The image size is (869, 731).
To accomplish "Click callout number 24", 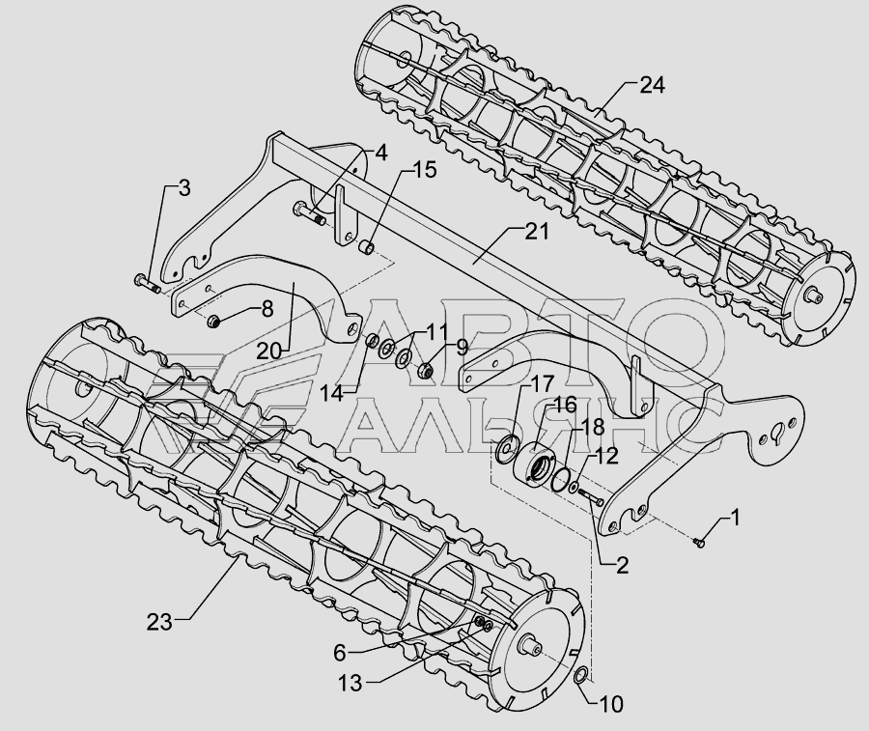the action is (653, 85).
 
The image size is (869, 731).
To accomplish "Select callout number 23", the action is (159, 623).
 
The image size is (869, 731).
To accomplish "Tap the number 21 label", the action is (537, 231).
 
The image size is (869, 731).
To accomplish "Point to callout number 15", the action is (425, 170).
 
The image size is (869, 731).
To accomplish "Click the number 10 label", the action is (611, 704).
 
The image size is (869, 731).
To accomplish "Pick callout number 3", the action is (184, 188).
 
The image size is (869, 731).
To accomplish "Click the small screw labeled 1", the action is (699, 543).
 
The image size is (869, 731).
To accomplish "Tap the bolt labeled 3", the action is (147, 284).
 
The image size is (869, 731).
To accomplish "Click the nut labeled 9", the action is (425, 368).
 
